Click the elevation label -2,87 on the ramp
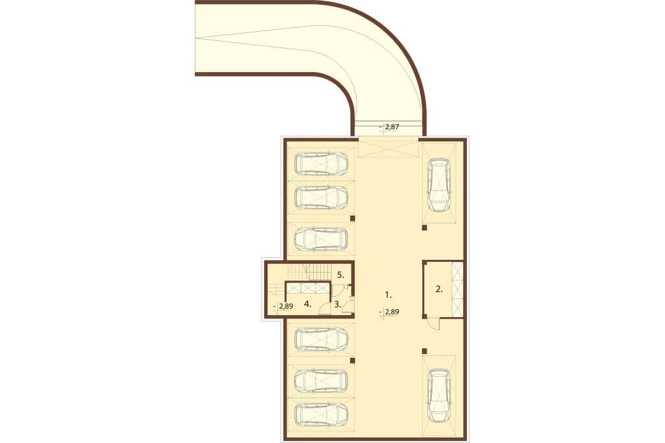390,127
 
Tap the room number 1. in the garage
388,294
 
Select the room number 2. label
439,289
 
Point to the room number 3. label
338,304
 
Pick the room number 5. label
341,275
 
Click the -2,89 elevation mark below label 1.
390,312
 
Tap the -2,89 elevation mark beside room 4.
284,306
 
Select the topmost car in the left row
321,164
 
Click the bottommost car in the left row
321,414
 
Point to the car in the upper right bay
438,185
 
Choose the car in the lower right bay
438,396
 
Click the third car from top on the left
321,239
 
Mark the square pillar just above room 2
424,228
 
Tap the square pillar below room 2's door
424,351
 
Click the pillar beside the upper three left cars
353,218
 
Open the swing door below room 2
433,323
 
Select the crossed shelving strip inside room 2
457,290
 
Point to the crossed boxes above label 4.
308,288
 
